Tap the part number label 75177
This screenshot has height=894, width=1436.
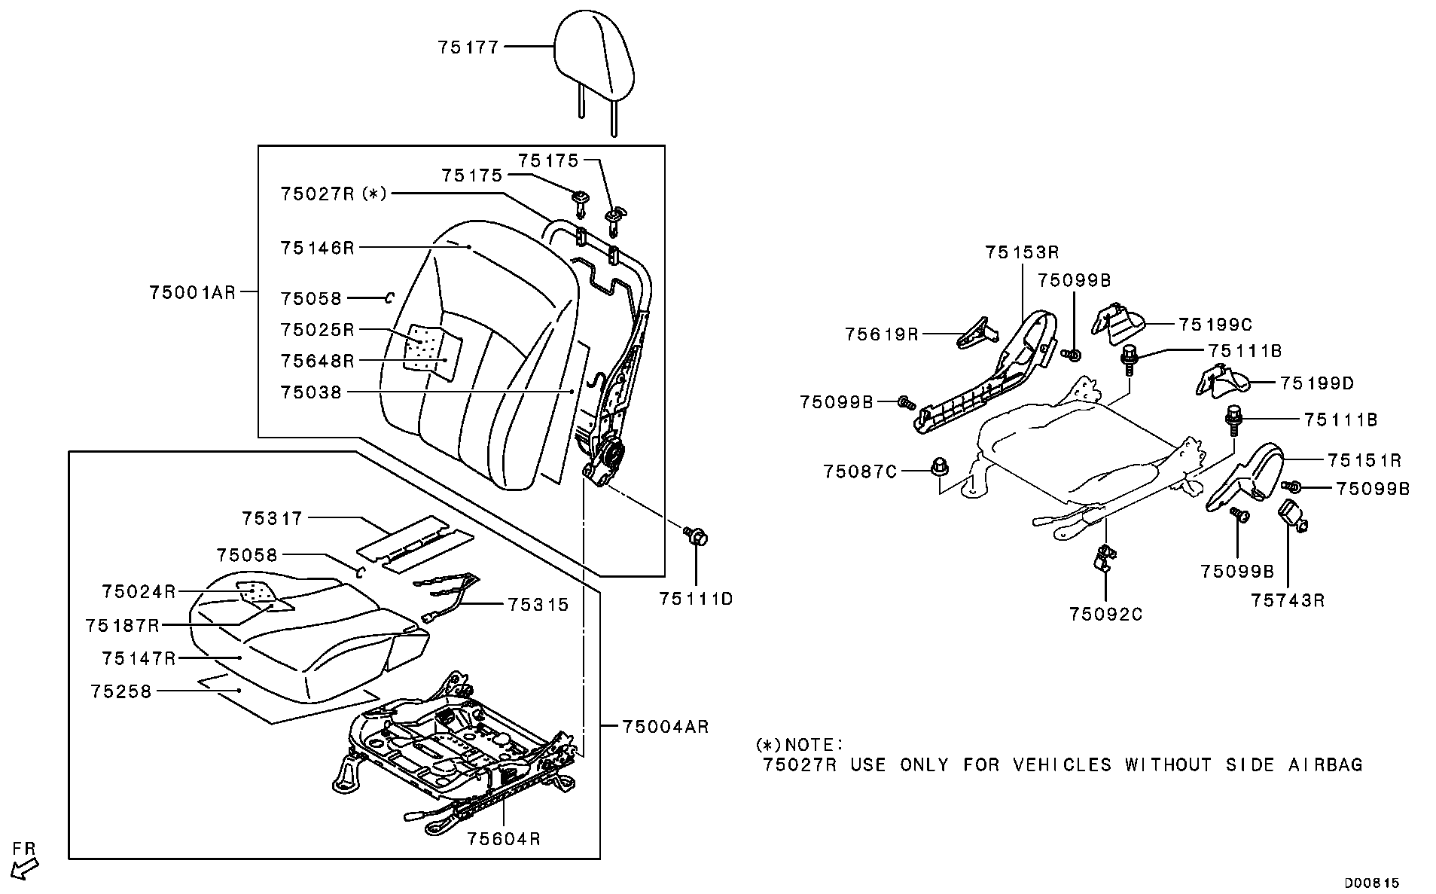pos(468,47)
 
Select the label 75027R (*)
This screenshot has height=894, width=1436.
pos(334,194)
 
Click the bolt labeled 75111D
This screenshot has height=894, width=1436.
pos(696,538)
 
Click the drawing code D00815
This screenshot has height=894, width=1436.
pos(1372,883)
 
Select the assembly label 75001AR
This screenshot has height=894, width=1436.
pos(193,292)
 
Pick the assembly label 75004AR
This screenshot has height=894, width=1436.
pos(666,727)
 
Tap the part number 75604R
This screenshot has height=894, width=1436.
pos(503,838)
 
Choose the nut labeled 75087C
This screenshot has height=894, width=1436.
pos(939,467)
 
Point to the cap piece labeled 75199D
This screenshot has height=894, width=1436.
pos(1221,380)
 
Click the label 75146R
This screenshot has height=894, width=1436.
pos(317,248)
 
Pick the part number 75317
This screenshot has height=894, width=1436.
pos(272,518)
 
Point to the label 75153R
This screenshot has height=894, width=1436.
pos(1022,252)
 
